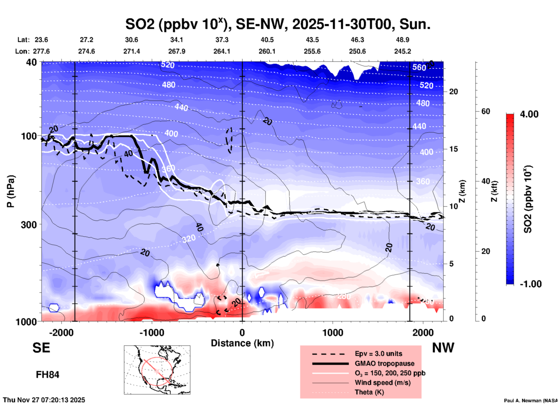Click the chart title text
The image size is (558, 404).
pos(278,24)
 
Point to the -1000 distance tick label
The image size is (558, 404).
pos(152,333)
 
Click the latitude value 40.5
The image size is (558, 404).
pos(267,40)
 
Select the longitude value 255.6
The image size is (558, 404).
pos(312,51)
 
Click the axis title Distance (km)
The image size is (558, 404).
pos(242,343)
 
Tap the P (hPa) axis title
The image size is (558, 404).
pos(10,191)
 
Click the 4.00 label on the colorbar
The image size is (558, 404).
pos(529,114)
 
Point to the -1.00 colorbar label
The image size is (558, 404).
pos(530,284)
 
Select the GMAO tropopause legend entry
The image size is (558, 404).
pos(384,363)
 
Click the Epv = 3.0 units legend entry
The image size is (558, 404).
pos(378,354)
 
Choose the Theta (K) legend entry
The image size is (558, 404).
pos(369,392)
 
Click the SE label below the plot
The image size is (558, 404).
pos(41,348)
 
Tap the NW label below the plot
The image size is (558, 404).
pos(443,348)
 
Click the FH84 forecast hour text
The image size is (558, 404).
pos(48,375)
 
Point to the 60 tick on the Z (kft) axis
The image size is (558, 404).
pos(486,111)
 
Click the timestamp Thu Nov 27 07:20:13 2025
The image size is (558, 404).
pos(44,400)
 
